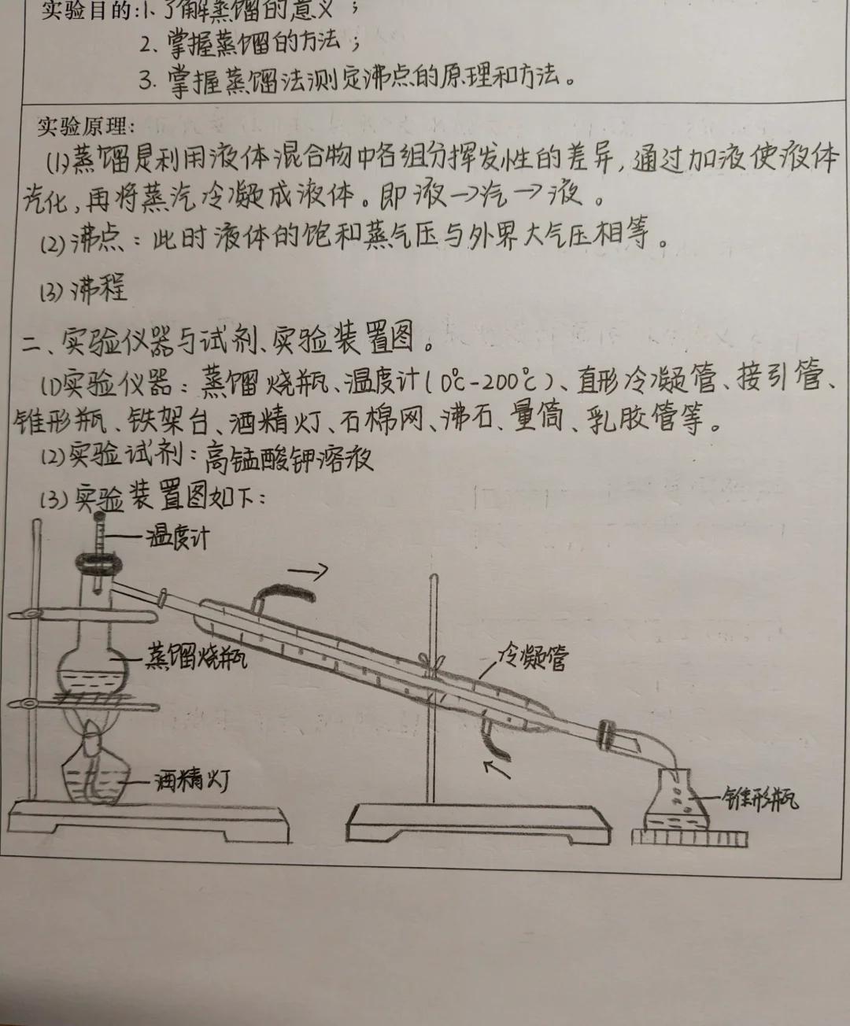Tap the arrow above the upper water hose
pos(309,568)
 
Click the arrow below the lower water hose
pos(497,767)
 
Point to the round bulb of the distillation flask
pos(94,669)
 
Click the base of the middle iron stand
pos(479,819)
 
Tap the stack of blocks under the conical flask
pos(689,833)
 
